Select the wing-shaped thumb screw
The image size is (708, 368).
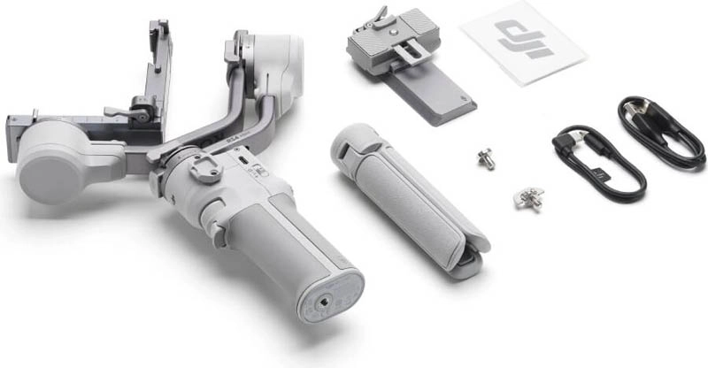pos(528,196)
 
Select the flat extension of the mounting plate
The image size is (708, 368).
pos(434,97)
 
